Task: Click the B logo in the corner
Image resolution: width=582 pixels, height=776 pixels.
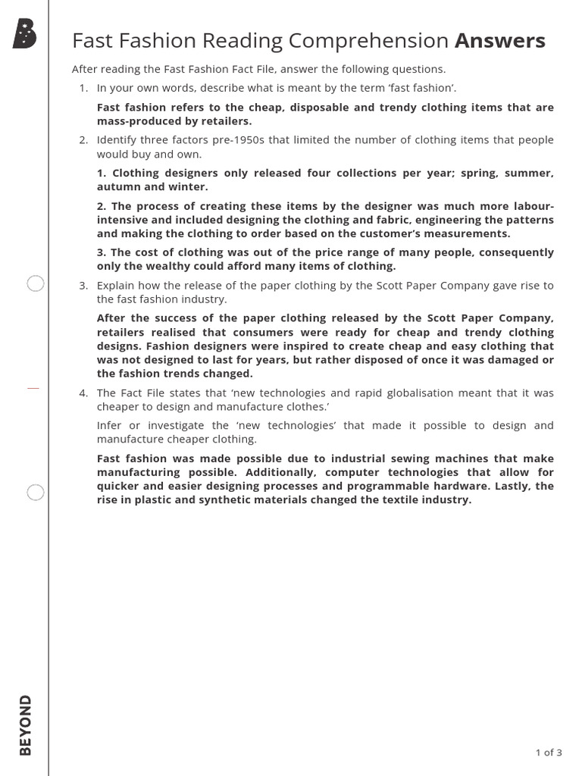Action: (25, 34)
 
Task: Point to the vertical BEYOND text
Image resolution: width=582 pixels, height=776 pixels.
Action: (26, 724)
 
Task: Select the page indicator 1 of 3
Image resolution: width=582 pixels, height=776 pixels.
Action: (548, 753)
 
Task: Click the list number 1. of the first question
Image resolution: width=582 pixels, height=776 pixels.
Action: (83, 89)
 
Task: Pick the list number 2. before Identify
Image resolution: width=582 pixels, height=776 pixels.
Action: (83, 140)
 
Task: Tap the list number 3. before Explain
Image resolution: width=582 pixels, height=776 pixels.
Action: (83, 286)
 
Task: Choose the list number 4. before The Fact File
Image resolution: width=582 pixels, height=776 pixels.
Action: (83, 393)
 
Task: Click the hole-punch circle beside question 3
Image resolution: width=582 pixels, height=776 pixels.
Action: (36, 284)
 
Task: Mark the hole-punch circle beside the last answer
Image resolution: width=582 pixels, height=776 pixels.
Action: (36, 493)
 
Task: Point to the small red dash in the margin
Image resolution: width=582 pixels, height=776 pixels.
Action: (33, 387)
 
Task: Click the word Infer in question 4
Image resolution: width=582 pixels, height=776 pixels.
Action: (108, 425)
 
